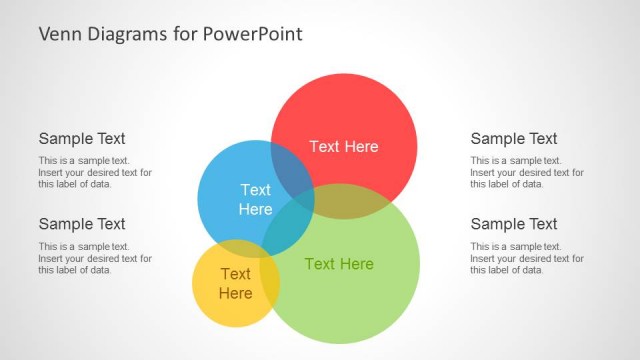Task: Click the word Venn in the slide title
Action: tap(58, 34)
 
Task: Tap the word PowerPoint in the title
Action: tap(253, 34)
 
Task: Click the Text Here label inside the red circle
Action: tap(344, 146)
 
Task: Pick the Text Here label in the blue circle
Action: tap(255, 199)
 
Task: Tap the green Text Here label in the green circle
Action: tap(339, 264)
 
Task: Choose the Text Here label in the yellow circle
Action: tap(235, 283)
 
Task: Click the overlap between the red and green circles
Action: tap(350, 202)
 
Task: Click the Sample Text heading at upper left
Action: tap(82, 139)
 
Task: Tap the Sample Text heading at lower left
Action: tap(82, 224)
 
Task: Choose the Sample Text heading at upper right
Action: tap(514, 139)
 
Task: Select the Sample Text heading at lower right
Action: tap(514, 224)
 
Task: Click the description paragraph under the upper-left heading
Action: tap(95, 172)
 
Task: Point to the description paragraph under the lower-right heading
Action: tap(527, 258)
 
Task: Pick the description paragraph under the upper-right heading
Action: tap(527, 172)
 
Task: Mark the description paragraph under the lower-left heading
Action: tap(95, 258)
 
